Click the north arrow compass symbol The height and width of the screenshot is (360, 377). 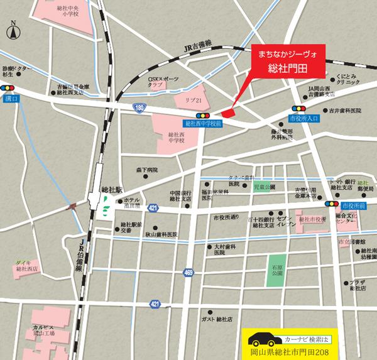point(13,29)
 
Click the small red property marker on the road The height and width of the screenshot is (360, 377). point(227,112)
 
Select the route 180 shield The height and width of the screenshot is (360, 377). point(139,108)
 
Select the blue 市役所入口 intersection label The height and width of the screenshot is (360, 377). point(304,117)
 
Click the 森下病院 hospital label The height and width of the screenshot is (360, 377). point(147,170)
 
